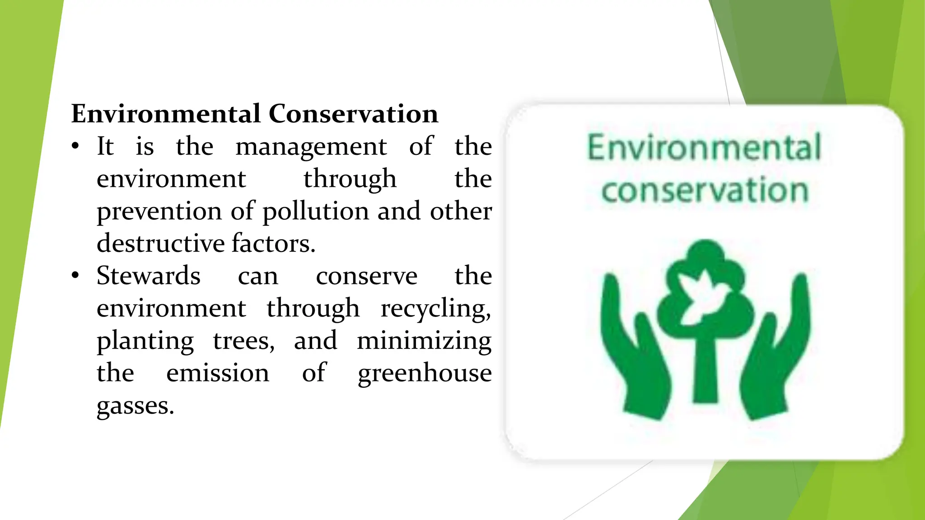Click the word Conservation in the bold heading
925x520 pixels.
coord(353,113)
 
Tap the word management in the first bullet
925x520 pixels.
coord(311,147)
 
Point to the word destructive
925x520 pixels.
coord(160,243)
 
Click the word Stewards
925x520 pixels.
coord(149,276)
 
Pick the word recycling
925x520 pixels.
coord(435,309)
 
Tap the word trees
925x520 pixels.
coord(243,341)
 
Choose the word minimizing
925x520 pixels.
coord(424,341)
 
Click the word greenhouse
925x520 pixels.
coord(425,373)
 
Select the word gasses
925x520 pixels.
coord(135,406)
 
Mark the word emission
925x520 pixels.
coord(218,373)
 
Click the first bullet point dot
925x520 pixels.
coord(75,146)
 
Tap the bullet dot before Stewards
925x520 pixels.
coord(75,276)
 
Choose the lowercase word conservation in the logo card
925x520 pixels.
coord(704,190)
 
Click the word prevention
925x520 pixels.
coord(159,211)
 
